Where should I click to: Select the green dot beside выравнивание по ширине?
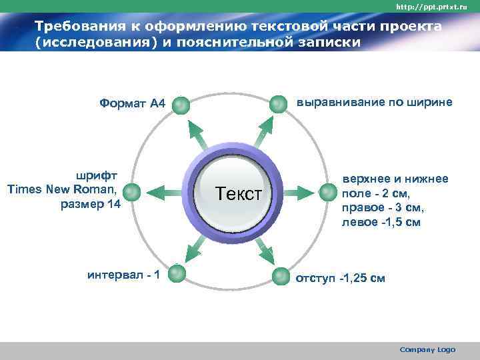277,103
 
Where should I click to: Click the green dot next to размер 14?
131,193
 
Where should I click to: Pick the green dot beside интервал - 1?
176,273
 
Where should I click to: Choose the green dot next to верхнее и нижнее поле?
327,193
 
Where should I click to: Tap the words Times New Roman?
63,190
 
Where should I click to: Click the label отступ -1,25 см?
340,277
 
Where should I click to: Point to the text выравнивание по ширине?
374,103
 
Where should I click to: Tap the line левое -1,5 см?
381,221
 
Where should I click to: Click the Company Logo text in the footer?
427,349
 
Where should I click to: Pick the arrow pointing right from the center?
299,193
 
